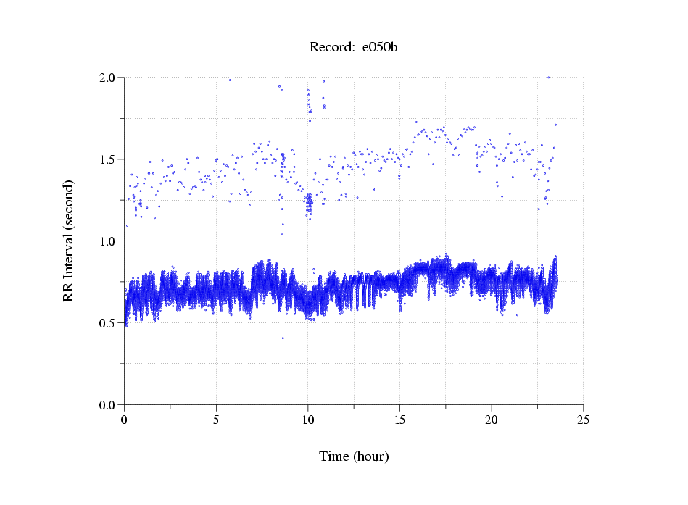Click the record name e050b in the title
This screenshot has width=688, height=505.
pyautogui.click(x=380, y=48)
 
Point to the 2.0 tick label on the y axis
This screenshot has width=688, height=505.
pyautogui.click(x=108, y=78)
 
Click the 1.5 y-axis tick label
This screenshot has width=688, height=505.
pyautogui.click(x=108, y=159)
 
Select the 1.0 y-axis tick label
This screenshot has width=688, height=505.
pyautogui.click(x=108, y=241)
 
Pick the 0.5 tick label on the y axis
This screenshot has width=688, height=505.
pyautogui.click(x=108, y=323)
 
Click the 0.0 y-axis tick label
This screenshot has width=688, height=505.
pyautogui.click(x=108, y=405)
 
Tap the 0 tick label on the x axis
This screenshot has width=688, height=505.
pyautogui.click(x=125, y=420)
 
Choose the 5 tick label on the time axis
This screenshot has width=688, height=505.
pyautogui.click(x=216, y=420)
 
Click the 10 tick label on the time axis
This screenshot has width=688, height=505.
pyautogui.click(x=308, y=420)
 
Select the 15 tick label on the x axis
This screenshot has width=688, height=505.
pyautogui.click(x=399, y=420)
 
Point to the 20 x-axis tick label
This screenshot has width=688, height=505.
pyautogui.click(x=492, y=420)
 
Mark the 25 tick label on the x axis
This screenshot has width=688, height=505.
pyautogui.click(x=583, y=420)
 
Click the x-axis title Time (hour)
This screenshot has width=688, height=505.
pyautogui.click(x=354, y=456)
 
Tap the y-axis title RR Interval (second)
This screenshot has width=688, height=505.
pyautogui.click(x=68, y=241)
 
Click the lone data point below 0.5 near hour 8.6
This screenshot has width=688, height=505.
pyautogui.click(x=283, y=338)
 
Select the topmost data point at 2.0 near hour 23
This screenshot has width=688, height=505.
pyautogui.click(x=548, y=78)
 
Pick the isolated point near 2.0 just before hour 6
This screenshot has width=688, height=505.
pyautogui.click(x=230, y=80)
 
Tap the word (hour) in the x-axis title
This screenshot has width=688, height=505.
pyautogui.click(x=370, y=456)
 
